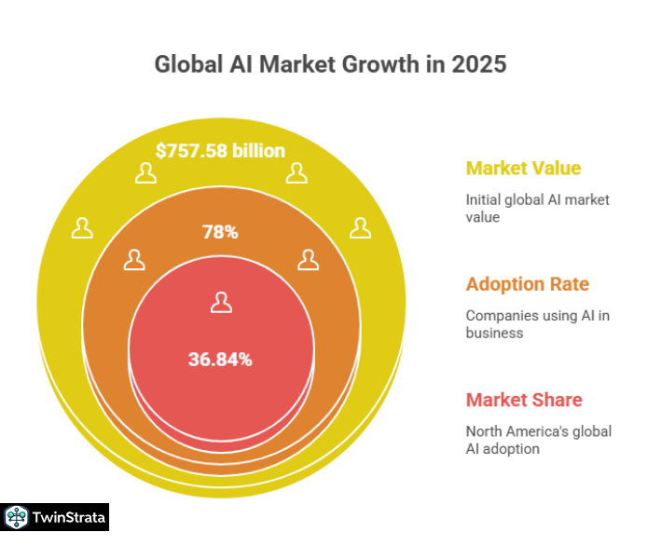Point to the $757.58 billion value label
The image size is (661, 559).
point(220,151)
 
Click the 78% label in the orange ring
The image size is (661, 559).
point(220,232)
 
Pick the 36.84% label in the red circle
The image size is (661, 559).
point(220,359)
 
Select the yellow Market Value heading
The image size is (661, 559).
point(523,169)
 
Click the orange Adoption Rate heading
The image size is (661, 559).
point(528,284)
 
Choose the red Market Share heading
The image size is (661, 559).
point(524,400)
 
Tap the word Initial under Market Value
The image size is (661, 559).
point(483,199)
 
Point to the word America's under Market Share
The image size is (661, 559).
point(544,430)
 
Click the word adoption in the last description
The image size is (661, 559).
point(514,448)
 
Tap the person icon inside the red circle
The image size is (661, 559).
point(220,302)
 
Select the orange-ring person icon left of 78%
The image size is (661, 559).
point(134,260)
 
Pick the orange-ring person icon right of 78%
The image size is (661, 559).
point(308,260)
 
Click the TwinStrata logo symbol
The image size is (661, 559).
point(16,517)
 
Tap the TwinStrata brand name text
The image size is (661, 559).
point(67,517)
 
